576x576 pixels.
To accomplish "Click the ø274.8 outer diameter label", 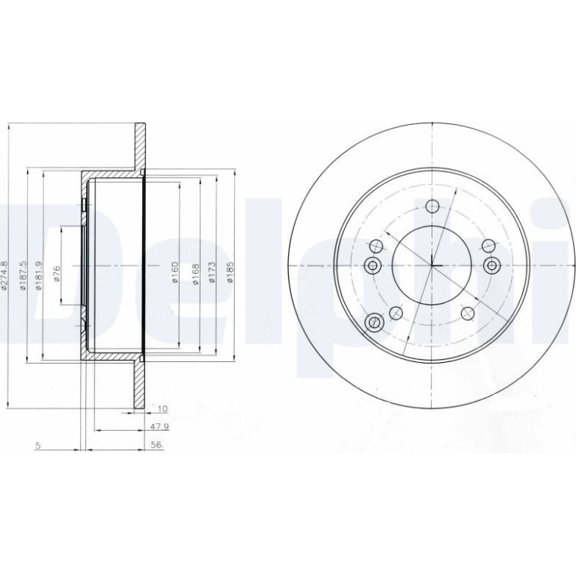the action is pos(4,275).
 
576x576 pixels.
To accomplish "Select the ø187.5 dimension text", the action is pos(23,275).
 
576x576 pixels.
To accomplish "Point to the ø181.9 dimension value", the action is pos(39,275).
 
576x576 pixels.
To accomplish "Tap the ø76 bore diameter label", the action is pos(57,274).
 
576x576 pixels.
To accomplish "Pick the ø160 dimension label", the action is pos(175,272).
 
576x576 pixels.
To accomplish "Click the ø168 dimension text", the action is pos(195,274).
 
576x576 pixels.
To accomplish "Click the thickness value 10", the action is pos(162,408).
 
